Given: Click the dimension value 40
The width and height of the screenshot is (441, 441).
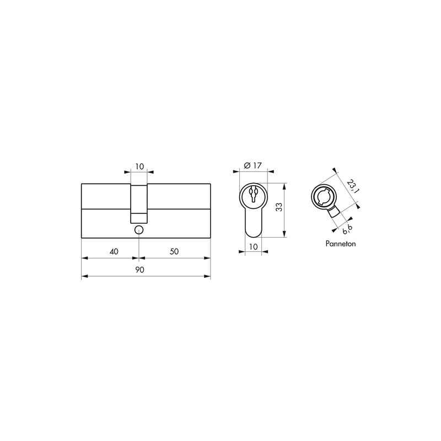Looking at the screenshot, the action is [114, 251].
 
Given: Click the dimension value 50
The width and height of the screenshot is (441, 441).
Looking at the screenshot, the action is [174, 251].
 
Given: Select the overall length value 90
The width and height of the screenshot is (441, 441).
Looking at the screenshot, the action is [139, 270].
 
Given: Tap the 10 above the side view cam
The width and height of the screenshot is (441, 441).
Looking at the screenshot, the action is [139, 166].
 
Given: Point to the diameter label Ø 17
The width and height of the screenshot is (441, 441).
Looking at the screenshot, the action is [253, 165].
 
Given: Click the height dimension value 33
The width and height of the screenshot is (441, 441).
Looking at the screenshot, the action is [279, 207].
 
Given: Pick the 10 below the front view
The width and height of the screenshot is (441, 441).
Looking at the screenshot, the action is [254, 246].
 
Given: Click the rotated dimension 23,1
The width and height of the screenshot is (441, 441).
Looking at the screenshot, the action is [352, 187].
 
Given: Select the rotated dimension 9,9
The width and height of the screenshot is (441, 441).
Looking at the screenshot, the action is [347, 229].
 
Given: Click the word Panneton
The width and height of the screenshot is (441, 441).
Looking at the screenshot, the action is [341, 244].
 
